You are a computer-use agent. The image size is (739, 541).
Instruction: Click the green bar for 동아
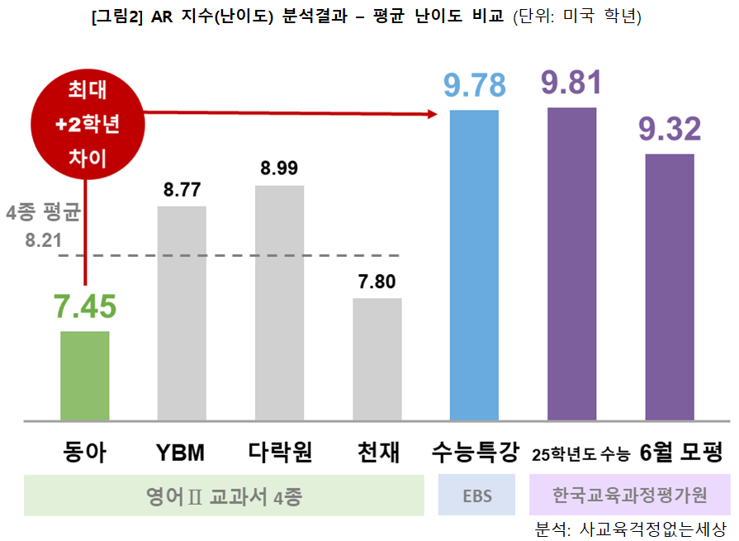click(x=85, y=376)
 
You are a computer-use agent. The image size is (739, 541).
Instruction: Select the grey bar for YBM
click(x=182, y=313)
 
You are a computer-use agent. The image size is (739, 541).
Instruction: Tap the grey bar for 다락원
click(x=280, y=303)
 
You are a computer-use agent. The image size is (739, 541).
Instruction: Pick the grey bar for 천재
click(x=377, y=359)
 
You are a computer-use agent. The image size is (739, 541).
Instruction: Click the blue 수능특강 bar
click(x=474, y=265)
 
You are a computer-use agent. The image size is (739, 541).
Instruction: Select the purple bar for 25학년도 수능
click(x=572, y=263)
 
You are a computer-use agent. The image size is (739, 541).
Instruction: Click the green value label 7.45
click(x=85, y=307)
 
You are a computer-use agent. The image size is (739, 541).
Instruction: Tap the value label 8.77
click(x=182, y=191)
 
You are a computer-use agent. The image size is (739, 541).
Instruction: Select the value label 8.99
click(x=280, y=169)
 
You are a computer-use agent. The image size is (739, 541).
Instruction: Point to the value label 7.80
click(x=377, y=282)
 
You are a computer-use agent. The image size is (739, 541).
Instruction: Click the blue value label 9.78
click(x=474, y=85)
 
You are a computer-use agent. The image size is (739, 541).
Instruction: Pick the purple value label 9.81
click(x=572, y=82)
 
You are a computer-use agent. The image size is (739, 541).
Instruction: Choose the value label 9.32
click(x=670, y=129)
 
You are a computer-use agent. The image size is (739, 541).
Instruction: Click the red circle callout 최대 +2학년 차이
click(x=87, y=124)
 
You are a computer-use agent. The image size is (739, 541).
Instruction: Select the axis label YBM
click(x=180, y=453)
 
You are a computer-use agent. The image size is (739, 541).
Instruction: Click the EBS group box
click(x=477, y=496)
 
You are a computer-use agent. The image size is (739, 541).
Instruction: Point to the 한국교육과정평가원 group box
click(x=630, y=496)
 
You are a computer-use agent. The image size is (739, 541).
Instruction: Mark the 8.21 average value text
click(x=44, y=241)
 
